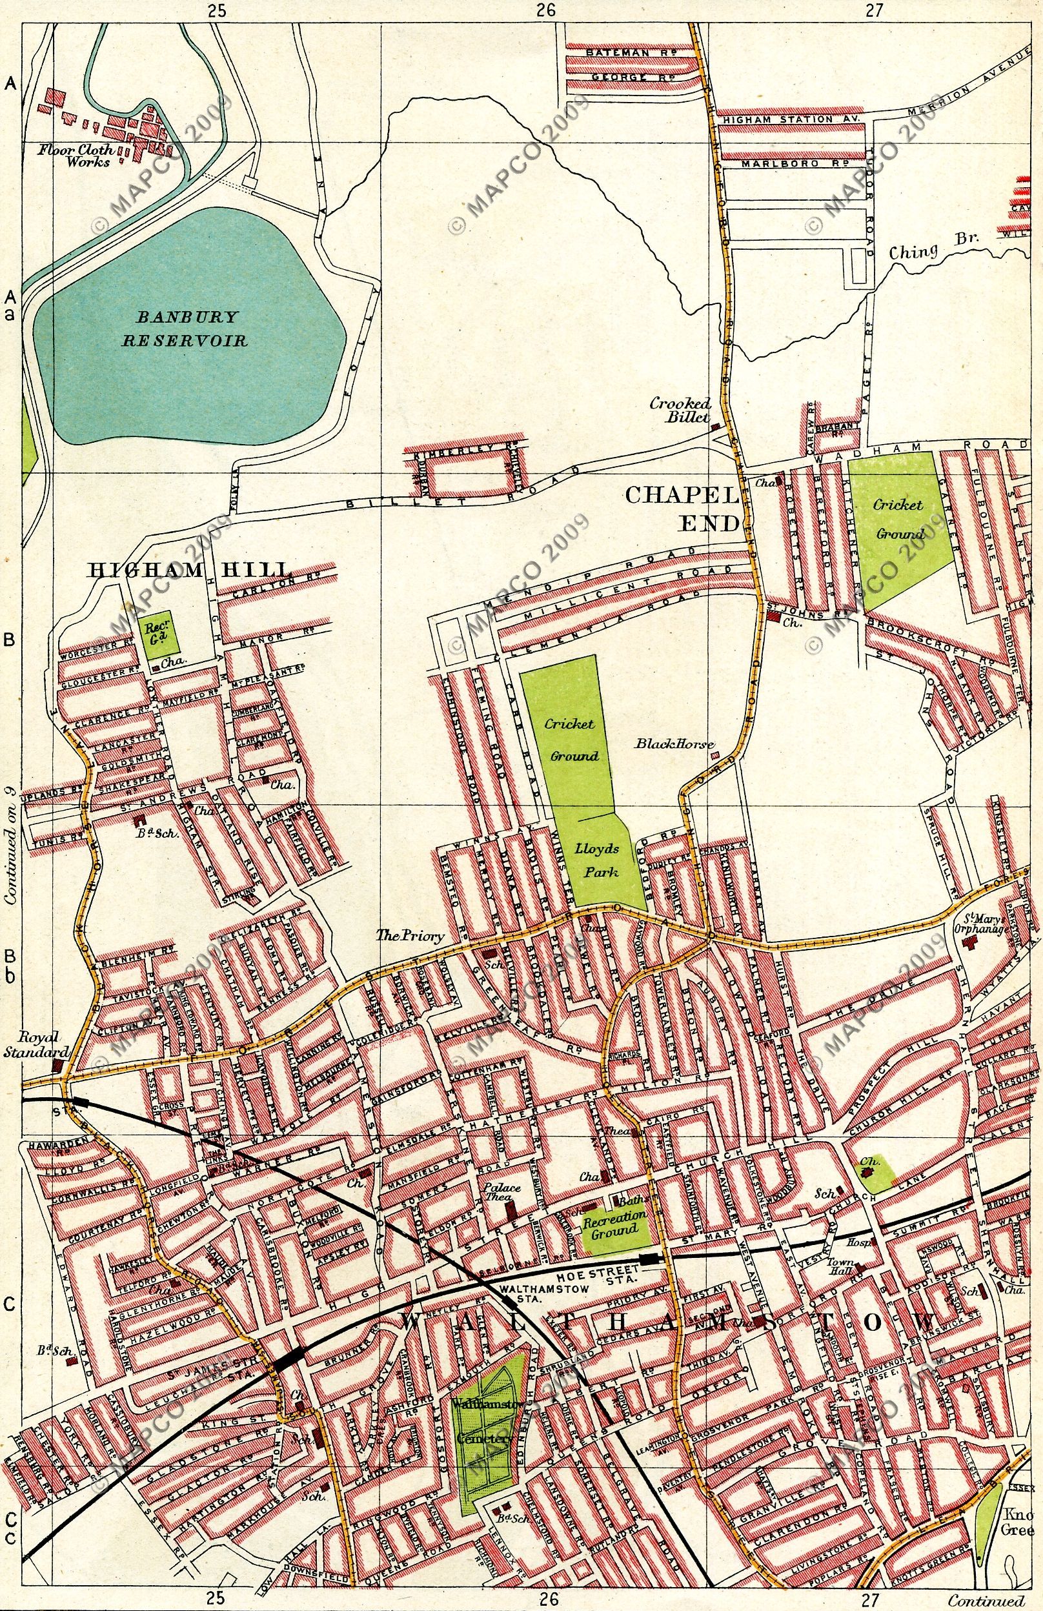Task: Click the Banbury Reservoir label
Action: [x=184, y=328]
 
